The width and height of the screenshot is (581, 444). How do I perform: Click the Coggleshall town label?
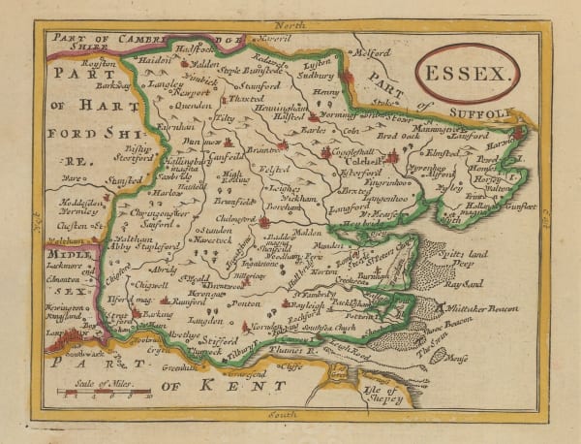click(348, 153)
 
